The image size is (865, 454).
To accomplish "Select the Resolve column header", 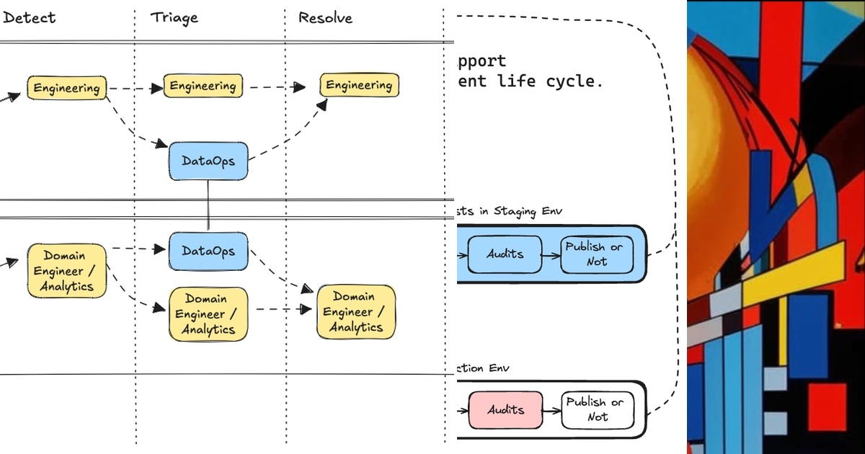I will (x=325, y=17).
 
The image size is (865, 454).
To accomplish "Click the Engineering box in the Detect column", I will (x=66, y=88).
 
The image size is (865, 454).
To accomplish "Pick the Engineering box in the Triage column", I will (x=203, y=86).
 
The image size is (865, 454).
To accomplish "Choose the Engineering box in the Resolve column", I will (x=359, y=85).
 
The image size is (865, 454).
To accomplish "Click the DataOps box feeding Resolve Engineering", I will (x=208, y=161).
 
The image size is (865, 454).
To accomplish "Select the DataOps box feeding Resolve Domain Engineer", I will (x=208, y=251).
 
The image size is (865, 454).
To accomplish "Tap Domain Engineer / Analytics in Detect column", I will (x=66, y=271).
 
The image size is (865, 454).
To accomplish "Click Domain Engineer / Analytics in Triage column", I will (x=208, y=314).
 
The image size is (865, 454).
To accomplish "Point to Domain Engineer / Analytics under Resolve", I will (x=356, y=312).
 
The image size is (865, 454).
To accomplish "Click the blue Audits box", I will (x=505, y=254).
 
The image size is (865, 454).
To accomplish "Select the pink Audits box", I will (x=505, y=409).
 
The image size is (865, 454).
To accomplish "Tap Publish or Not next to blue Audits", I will (x=596, y=254).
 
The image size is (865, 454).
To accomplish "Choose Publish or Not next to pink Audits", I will (x=596, y=409).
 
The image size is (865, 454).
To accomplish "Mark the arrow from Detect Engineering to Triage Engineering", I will (x=135, y=88).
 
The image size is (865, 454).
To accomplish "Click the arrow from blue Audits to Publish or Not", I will (x=551, y=254).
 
